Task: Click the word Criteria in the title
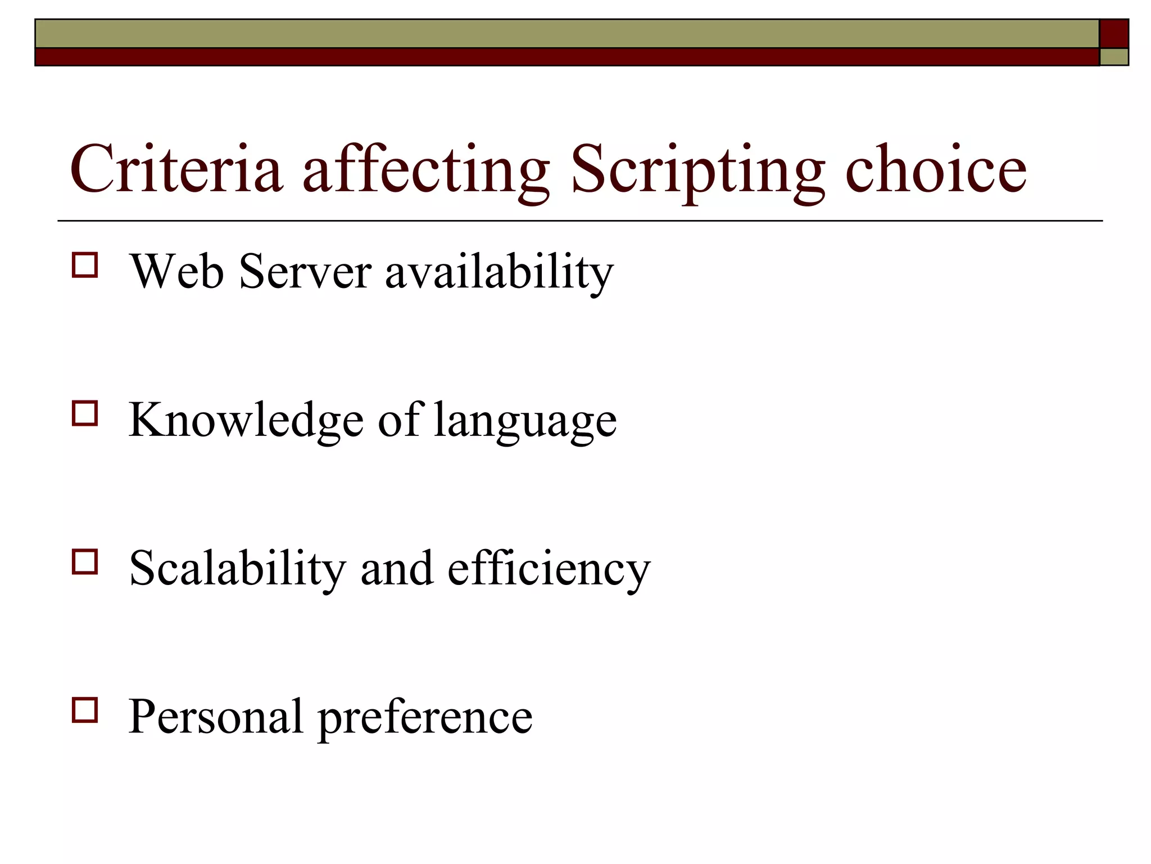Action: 176,169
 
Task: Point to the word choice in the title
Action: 936,169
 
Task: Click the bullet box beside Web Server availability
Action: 85,265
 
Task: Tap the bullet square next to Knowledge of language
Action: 85,413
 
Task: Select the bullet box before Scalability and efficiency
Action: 85,561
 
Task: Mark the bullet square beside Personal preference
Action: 85,710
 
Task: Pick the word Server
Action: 305,272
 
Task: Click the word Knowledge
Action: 246,421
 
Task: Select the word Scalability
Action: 237,569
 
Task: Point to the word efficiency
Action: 549,569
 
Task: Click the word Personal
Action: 216,717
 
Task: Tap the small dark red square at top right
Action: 1113,34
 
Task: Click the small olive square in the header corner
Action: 1114,57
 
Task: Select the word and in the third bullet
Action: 397,569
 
